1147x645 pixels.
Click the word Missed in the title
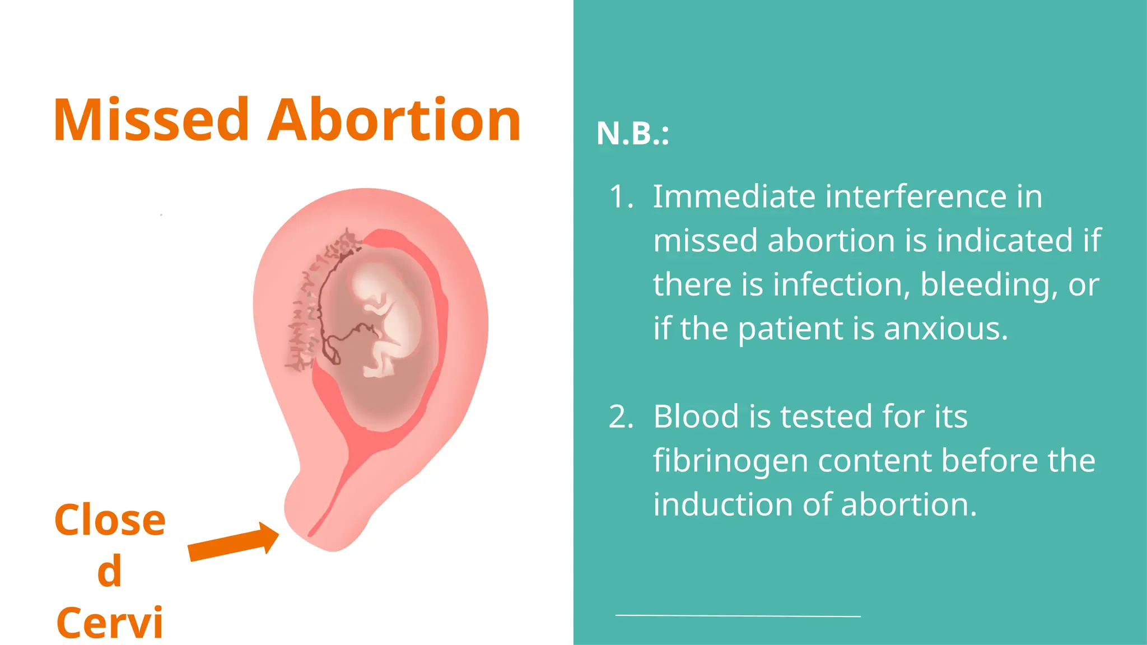pos(151,120)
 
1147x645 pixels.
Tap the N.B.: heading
pos(632,134)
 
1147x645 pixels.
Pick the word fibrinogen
pos(730,461)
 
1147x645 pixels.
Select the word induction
pos(722,505)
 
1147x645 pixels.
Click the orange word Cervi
pos(110,623)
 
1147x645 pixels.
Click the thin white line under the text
pos(738,616)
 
